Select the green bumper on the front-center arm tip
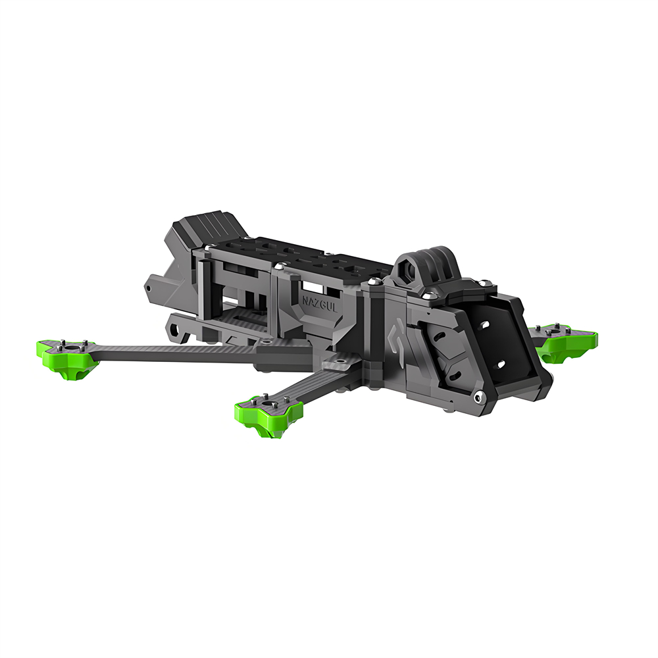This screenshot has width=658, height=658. [x=268, y=414]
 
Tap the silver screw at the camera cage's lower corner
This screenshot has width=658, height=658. [x=477, y=397]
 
